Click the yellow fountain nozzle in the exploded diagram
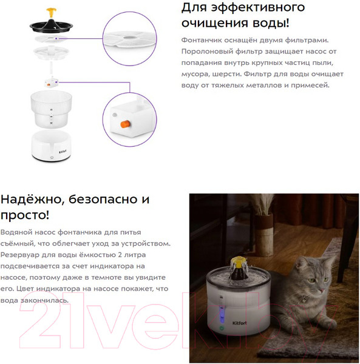coord(52,13)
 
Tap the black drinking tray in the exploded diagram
coord(52,25)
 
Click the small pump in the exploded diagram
coord(51,82)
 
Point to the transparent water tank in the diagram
coord(51,109)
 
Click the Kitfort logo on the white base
coord(63,152)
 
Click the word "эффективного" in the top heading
coord(258,7)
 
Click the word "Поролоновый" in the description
coord(206,52)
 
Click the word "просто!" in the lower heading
coord(25,215)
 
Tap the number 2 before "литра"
coord(120,255)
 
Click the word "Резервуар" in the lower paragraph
coord(20,255)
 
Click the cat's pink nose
coord(322,290)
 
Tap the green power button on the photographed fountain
coord(222,328)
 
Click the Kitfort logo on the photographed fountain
coord(239,323)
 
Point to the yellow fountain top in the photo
coord(238,261)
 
